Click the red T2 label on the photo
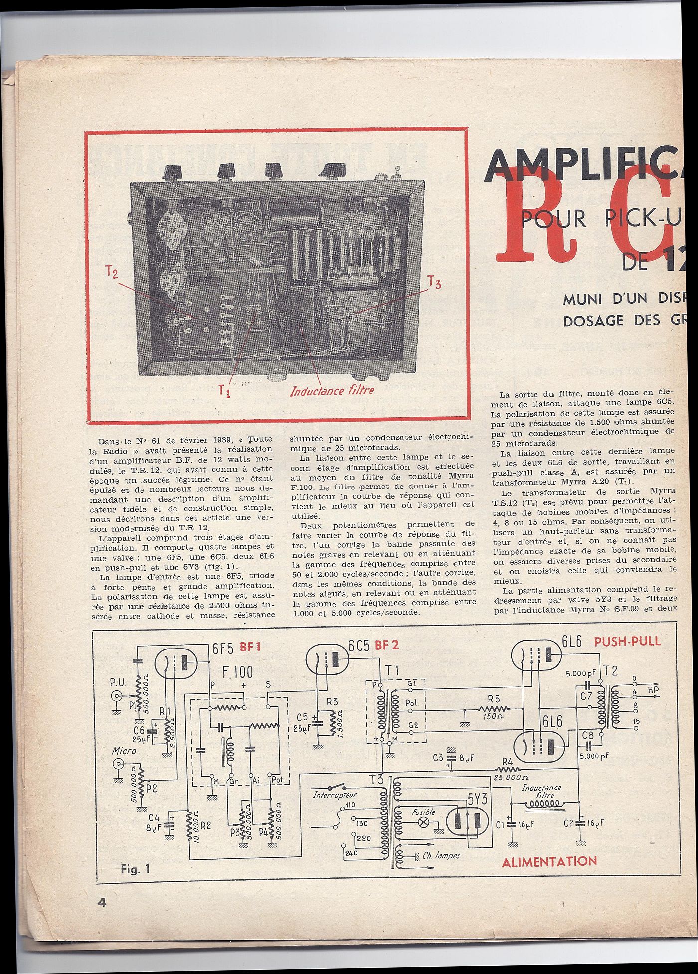click(111, 273)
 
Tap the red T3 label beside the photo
click(434, 284)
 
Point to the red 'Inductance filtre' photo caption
click(332, 390)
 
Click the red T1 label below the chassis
click(225, 391)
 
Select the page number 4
click(102, 903)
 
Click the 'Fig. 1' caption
click(135, 869)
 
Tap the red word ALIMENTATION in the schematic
click(549, 862)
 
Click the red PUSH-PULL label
click(627, 642)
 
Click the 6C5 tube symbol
click(327, 660)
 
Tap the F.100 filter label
click(237, 673)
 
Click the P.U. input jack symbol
click(117, 696)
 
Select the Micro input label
click(124, 751)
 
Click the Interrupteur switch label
click(335, 795)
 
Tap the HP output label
click(653, 690)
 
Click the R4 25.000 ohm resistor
click(508, 768)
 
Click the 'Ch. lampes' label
click(441, 855)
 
